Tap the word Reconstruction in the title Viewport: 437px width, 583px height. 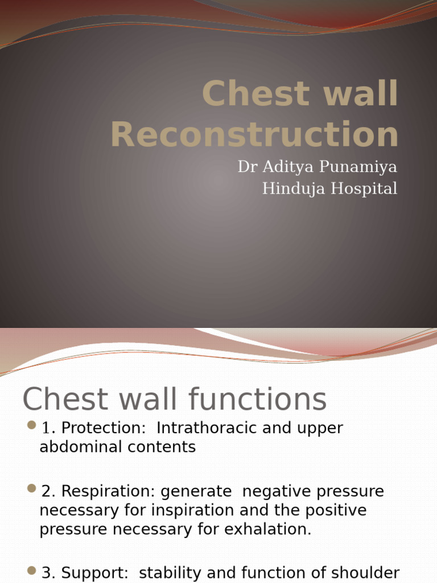pos(254,135)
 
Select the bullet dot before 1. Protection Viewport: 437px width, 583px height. pos(32,425)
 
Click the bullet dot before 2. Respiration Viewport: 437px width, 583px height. pos(32,488)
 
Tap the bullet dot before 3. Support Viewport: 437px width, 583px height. pos(32,570)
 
